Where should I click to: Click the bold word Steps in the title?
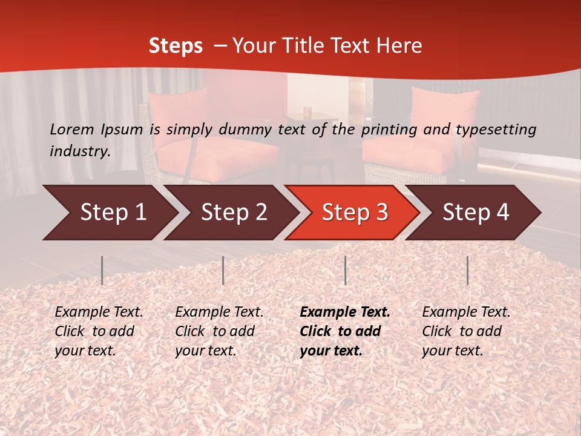point(176,46)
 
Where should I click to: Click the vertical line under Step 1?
point(102,270)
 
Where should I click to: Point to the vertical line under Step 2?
point(223,270)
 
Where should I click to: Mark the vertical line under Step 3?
point(345,270)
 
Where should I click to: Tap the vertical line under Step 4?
point(467,270)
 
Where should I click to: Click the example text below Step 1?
point(99,331)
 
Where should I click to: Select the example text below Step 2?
point(219,331)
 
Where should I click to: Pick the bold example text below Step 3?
point(345,331)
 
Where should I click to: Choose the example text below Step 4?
point(466,331)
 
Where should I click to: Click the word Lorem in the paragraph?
point(72,129)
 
